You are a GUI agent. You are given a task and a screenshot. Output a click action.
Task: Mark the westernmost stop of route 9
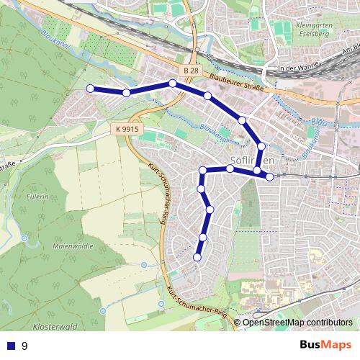coord(90,89)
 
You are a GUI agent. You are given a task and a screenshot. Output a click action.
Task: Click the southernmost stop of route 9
coord(197,257)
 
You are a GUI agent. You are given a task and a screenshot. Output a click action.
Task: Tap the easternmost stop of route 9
coord(269,176)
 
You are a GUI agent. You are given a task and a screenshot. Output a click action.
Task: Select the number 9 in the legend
coord(24,346)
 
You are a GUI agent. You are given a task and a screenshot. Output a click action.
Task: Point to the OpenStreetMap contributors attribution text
coord(297,323)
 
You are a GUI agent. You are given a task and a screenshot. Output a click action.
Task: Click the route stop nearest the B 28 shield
coord(173,84)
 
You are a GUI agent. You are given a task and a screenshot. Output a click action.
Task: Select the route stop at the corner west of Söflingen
coord(203,171)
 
